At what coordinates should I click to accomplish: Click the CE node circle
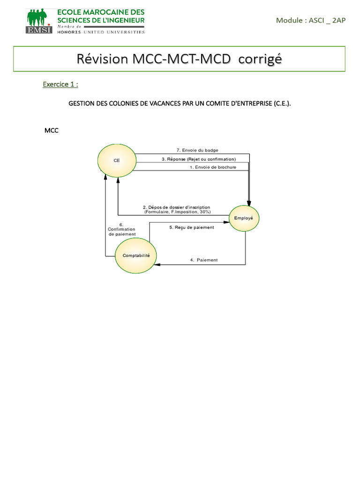pos(117,160)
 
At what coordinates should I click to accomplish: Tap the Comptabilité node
pos(136,255)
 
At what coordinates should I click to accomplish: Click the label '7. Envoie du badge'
pos(194,150)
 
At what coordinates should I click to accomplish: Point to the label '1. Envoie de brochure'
pos(213,167)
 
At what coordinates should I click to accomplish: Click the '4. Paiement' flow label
pos(204,260)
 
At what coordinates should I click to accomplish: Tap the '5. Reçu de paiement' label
pos(191,227)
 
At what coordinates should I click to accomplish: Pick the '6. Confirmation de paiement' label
pos(121,229)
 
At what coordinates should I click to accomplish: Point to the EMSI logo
pos(39,21)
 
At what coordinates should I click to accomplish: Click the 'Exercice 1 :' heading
pos(60,84)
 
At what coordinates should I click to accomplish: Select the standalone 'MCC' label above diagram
pos(52,130)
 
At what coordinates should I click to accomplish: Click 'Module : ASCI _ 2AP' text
pos(311,20)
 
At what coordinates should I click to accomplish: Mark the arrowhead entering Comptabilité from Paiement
pos(158,265)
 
